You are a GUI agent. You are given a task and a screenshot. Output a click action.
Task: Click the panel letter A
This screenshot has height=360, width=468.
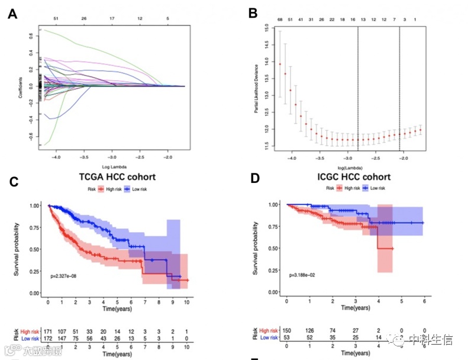[x=12, y=15]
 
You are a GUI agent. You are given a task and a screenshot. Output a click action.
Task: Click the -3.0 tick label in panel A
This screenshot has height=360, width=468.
[x=112, y=159]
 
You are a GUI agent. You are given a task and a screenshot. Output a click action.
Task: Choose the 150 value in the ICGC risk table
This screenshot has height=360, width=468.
[x=286, y=330]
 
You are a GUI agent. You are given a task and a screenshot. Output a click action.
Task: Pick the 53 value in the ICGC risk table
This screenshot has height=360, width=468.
[x=286, y=338]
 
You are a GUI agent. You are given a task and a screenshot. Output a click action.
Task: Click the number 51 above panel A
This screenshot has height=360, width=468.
[x=56, y=18]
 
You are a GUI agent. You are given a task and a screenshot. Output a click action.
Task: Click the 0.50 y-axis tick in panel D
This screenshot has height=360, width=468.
[x=273, y=248]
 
